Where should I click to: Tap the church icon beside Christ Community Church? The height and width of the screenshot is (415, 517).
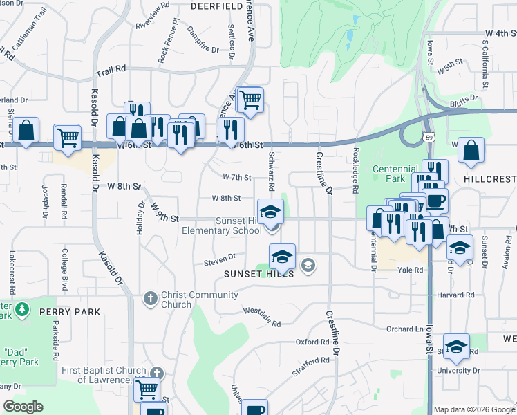point(151,299)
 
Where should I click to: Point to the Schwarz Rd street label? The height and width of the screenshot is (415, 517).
point(272,172)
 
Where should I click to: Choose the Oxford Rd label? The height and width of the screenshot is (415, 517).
point(312,342)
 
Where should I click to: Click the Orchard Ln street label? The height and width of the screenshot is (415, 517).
point(404,329)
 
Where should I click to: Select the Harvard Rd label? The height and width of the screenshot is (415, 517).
point(455,295)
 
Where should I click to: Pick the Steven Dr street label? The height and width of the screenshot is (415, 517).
point(220,261)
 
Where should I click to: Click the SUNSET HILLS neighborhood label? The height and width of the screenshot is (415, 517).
point(258,274)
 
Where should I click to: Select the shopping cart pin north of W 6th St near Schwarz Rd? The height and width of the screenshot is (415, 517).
point(250,100)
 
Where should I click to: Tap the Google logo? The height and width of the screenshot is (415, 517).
point(23,407)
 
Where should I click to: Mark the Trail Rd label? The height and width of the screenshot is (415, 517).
point(111,69)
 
